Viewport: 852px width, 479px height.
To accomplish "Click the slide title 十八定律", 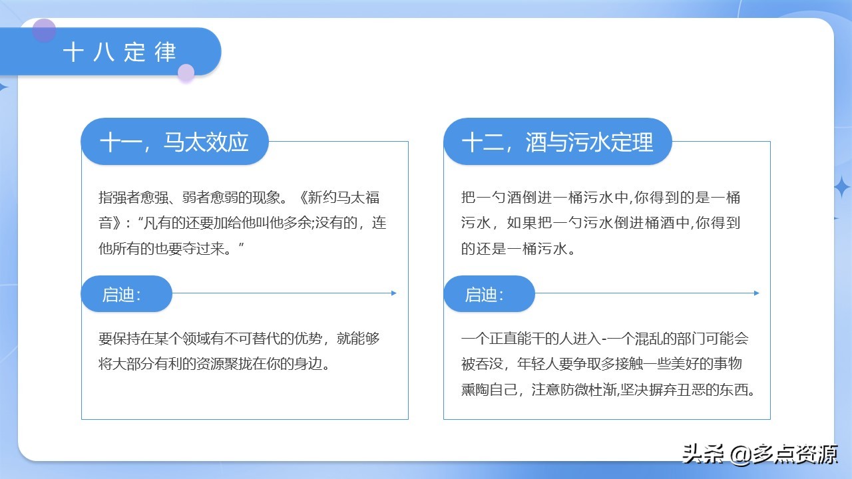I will [x=120, y=53].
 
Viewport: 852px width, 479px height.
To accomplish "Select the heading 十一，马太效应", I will [x=174, y=142].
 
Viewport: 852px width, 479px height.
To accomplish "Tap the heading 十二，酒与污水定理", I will [x=557, y=142].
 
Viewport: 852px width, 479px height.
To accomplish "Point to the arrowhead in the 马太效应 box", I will [x=394, y=293].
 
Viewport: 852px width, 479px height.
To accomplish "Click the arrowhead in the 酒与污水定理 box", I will [x=756, y=293].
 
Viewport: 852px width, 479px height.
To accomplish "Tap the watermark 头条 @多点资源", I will [x=759, y=454].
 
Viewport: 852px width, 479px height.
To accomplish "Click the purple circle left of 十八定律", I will [x=44, y=30].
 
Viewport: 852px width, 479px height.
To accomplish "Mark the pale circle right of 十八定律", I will [x=186, y=73].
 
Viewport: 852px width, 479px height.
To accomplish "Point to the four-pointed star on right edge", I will [x=842, y=187].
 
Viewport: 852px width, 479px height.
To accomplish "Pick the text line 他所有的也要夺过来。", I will [x=172, y=249].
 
